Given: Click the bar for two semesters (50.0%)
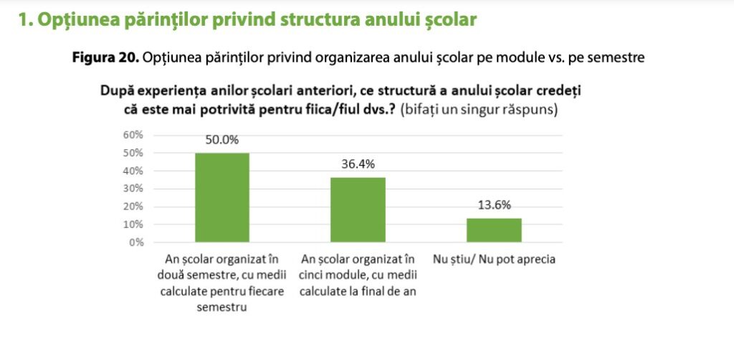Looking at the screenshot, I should point(222,197).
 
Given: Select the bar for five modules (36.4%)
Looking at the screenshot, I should point(358,209).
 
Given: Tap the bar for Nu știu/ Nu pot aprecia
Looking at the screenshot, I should point(494,230).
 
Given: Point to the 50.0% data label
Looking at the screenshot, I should point(222,141).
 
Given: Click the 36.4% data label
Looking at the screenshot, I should point(358,164).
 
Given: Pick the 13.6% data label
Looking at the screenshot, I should point(494,205).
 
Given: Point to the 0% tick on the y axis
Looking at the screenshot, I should point(137,242).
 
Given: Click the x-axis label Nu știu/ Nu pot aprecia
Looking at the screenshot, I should point(494,260).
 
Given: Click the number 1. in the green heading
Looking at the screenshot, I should point(26,20).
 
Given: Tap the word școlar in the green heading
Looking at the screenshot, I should point(451,20).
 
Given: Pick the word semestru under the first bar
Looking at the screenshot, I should point(221,307).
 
